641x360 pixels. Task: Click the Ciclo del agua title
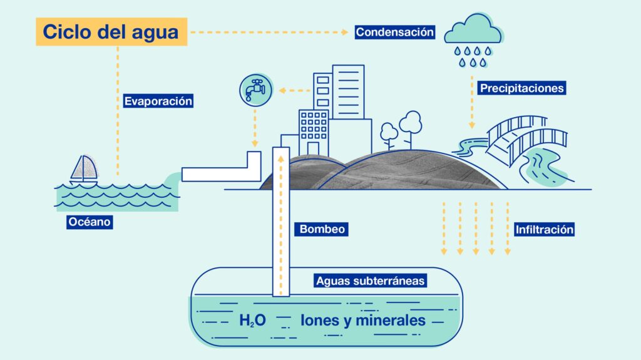tap(111, 32)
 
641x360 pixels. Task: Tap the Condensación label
tap(394, 32)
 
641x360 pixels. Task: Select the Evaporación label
tap(158, 101)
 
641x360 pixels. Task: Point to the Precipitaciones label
tap(522, 88)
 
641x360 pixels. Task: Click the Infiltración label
tap(544, 230)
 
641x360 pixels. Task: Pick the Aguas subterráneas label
tap(371, 280)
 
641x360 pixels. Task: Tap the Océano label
tap(90, 222)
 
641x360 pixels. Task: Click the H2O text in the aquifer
tap(253, 321)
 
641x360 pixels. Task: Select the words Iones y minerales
tap(363, 321)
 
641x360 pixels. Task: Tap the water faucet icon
tap(255, 89)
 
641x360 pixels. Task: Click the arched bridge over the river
tap(526, 141)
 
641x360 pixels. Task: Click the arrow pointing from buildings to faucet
tap(294, 91)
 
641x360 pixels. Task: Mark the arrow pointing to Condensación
tap(269, 31)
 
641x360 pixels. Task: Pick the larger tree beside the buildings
tap(411, 125)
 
